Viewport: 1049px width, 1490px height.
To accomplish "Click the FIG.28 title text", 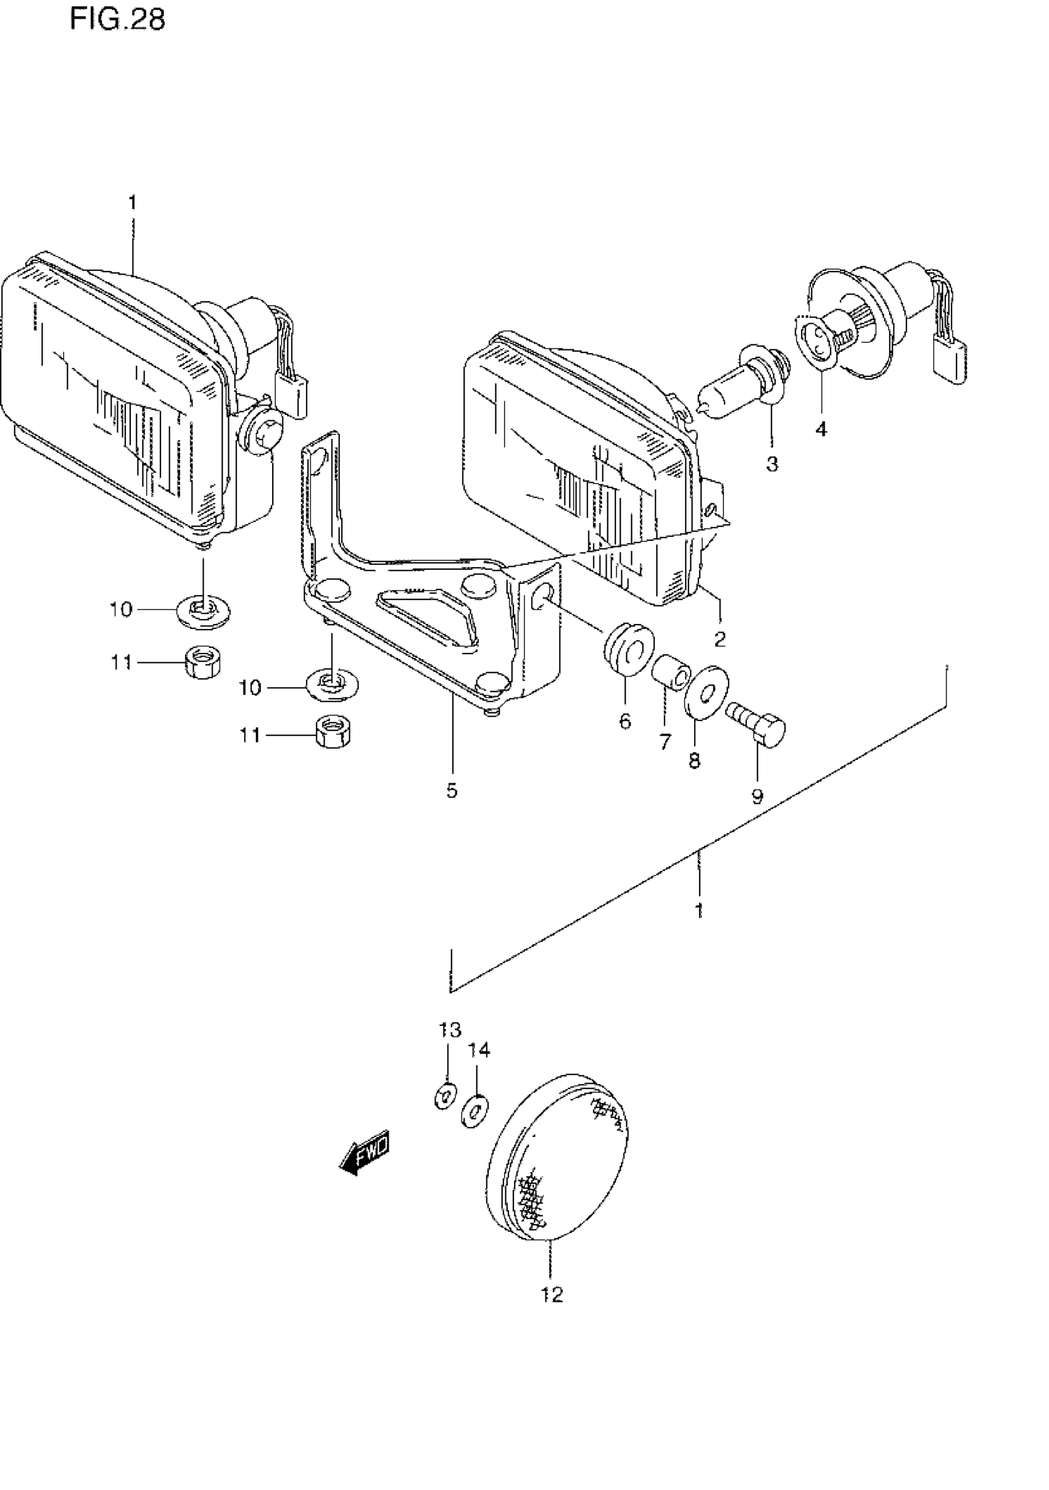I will (117, 20).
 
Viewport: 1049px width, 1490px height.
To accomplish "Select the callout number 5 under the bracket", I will (452, 791).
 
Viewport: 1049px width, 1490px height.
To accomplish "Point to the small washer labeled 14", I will (476, 1113).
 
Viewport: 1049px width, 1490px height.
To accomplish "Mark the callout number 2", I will (719, 639).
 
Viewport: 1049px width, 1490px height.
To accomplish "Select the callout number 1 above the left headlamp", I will (132, 203).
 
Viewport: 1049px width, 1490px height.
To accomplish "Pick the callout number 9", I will (758, 796).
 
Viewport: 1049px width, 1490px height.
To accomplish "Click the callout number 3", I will (772, 464).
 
